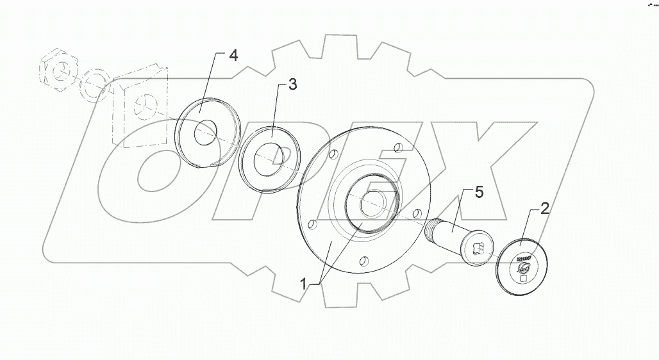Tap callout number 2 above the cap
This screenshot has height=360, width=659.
pos(544,208)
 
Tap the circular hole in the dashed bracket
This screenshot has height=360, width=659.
pos(143,103)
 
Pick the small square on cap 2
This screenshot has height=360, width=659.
pos(524,278)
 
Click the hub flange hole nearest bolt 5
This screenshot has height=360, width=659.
pos(418,213)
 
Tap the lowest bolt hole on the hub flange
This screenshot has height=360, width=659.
pos(364,260)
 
